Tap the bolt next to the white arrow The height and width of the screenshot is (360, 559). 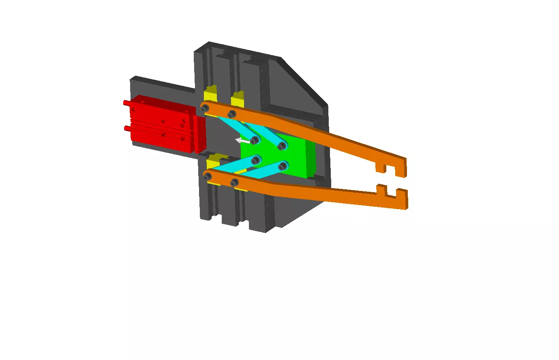coord(255,140)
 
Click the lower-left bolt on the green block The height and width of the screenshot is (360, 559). coord(255,160)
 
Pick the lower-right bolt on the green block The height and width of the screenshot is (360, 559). coord(283,165)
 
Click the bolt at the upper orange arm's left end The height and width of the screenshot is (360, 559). coord(205,108)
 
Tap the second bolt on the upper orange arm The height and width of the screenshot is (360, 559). coord(231,114)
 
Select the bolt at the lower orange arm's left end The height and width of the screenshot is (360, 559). coord(208,176)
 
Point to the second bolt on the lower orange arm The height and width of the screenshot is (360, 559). coord(234,182)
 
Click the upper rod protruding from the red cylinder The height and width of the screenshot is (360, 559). coord(126,103)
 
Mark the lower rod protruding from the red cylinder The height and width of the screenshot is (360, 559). coord(127,129)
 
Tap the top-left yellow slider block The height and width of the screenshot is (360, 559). coord(210,94)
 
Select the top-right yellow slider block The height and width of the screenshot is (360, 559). coord(238,99)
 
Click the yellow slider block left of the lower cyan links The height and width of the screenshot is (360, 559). coord(212,162)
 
